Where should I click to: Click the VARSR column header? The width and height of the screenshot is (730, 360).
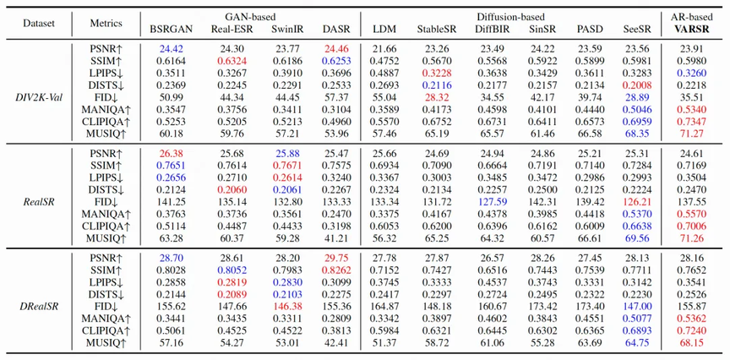tap(693, 29)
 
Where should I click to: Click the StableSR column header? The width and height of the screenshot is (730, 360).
tap(437, 29)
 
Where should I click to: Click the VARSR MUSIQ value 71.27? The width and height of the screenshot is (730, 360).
tap(693, 134)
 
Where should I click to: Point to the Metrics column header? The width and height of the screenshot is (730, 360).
tap(106, 23)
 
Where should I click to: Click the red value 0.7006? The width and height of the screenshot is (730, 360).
tap(693, 226)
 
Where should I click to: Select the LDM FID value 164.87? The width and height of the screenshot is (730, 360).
tap(384, 306)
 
